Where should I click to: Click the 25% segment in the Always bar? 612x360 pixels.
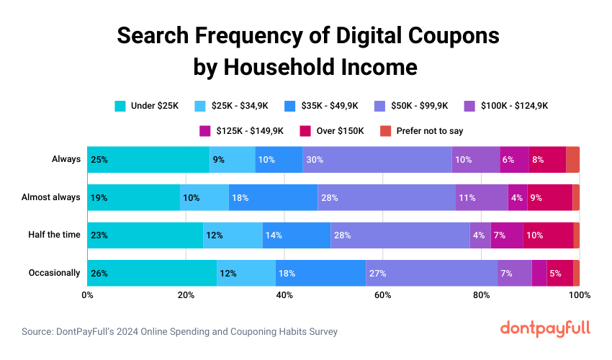pyautogui.click(x=148, y=159)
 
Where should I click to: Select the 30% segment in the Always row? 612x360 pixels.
pyautogui.click(x=377, y=159)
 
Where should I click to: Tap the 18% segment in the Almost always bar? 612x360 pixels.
pyautogui.click(x=273, y=197)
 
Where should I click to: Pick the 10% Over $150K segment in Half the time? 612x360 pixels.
pyautogui.click(x=548, y=235)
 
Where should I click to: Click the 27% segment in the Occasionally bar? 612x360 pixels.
pyautogui.click(x=431, y=274)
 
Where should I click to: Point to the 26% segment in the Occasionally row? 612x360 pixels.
pyautogui.click(x=152, y=274)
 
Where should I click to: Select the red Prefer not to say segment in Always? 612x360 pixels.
pyautogui.click(x=572, y=159)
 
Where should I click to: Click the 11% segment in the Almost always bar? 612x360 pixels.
pyautogui.click(x=482, y=197)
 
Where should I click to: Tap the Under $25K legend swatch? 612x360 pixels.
pyautogui.click(x=121, y=106)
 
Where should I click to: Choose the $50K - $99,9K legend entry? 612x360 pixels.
pyautogui.click(x=410, y=106)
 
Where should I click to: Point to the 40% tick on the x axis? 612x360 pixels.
pyautogui.click(x=284, y=295)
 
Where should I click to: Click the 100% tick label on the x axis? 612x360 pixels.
pyautogui.click(x=579, y=295)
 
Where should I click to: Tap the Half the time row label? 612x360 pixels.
pyautogui.click(x=54, y=235)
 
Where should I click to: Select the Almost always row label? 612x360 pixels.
pyautogui.click(x=50, y=197)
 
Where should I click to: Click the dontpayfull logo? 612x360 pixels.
pyautogui.click(x=544, y=328)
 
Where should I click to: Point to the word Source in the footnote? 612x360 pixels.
pyautogui.click(x=39, y=332)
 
